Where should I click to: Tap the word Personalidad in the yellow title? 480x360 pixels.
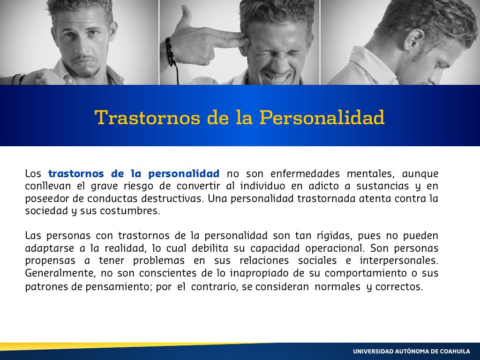point(322,118)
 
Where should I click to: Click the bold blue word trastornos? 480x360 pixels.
point(76,173)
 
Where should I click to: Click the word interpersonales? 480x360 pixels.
point(398,261)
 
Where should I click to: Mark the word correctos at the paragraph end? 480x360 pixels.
point(399,287)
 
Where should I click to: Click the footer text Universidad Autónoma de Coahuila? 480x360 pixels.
point(412,351)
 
